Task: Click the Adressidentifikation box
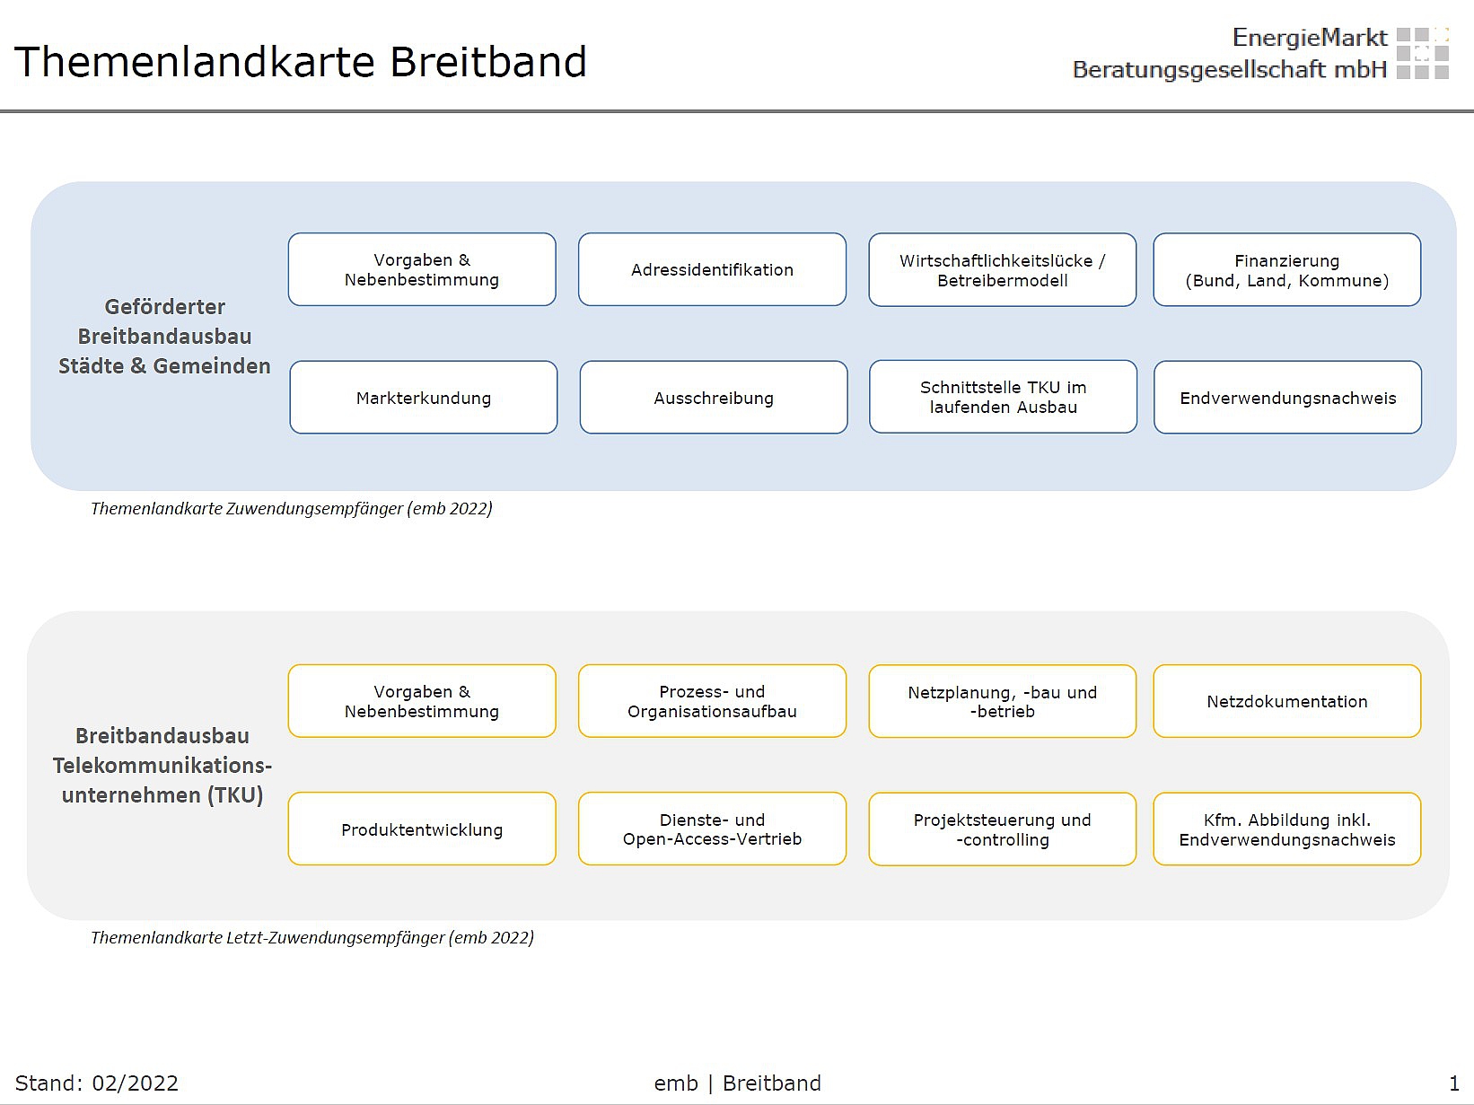712,269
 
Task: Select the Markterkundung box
423,398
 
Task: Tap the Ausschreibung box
713,398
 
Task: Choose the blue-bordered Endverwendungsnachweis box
1287,398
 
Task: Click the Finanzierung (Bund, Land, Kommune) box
1286,269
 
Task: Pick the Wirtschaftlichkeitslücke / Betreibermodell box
1002,269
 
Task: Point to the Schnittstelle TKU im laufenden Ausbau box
1003,397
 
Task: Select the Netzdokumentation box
1286,701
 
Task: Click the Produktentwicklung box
422,829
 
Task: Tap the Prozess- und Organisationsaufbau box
712,701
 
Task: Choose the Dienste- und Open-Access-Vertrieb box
712,829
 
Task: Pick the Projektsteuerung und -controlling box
1002,829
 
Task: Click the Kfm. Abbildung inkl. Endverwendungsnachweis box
1286,829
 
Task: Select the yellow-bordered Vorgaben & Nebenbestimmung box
422,701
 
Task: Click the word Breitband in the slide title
488,62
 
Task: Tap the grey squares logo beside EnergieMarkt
1422,53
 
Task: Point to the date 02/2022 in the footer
135,1083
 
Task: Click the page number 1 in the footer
1454,1083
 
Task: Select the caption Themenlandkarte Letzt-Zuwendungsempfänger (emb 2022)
312,937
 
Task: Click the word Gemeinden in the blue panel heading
212,366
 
